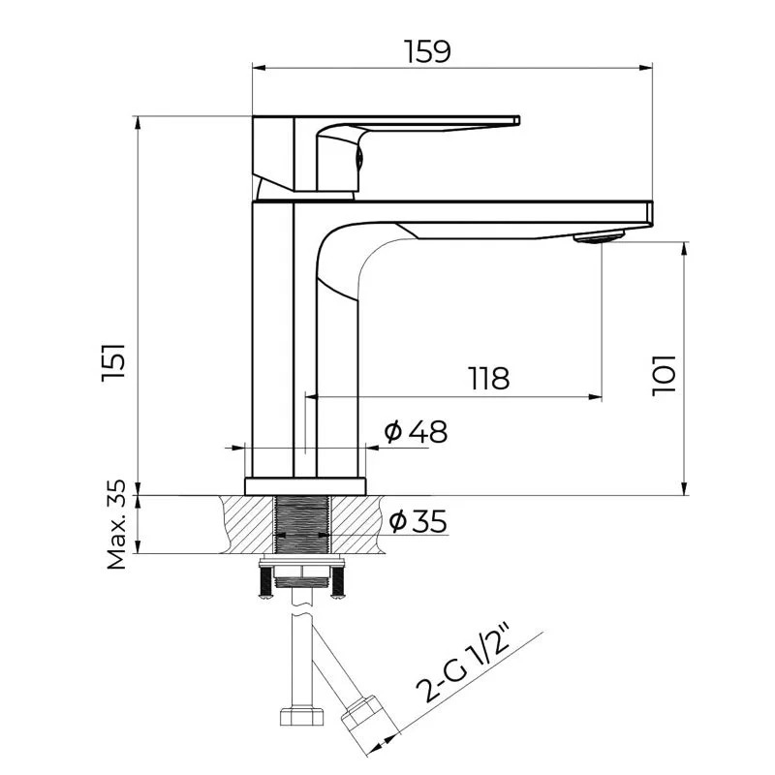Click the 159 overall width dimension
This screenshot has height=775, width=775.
pyautogui.click(x=427, y=51)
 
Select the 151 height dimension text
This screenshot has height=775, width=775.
pyautogui.click(x=113, y=361)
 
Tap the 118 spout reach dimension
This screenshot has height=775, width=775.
pyautogui.click(x=488, y=378)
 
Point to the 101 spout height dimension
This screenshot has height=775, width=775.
pyautogui.click(x=664, y=375)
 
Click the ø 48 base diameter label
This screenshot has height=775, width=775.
pyautogui.click(x=417, y=431)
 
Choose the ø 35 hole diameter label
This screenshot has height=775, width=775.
pyautogui.click(x=418, y=520)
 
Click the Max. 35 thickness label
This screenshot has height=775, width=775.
pyautogui.click(x=117, y=524)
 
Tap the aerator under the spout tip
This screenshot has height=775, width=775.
pyautogui.click(x=599, y=236)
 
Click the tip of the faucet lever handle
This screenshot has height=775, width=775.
pyautogui.click(x=517, y=120)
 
